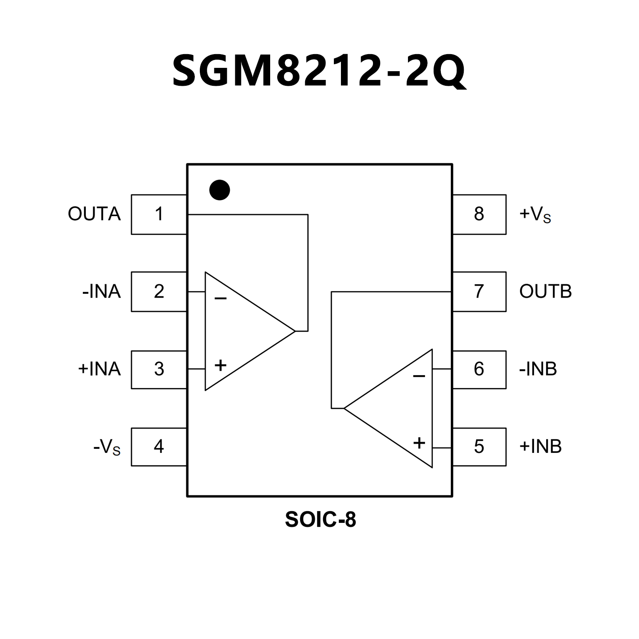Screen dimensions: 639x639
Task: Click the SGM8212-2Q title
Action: point(319,71)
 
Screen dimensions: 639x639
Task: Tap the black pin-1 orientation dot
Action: point(219,190)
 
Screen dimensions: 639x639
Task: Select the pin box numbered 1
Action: point(159,214)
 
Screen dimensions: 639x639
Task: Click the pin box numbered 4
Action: point(159,446)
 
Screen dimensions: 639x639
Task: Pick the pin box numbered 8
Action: point(479,214)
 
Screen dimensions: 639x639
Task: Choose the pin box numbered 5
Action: point(479,446)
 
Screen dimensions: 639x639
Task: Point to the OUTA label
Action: point(94,214)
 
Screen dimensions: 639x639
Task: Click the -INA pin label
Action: point(102,291)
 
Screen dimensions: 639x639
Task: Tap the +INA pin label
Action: point(99,369)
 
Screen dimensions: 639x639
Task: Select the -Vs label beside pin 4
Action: point(107,447)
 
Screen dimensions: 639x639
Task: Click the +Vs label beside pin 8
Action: point(535,214)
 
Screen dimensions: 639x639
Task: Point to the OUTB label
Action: point(545,291)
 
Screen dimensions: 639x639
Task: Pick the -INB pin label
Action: point(538,369)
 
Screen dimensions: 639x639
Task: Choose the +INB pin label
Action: point(540,446)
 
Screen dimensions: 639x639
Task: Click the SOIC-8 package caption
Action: point(320,520)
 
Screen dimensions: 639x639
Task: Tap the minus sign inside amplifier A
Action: point(220,298)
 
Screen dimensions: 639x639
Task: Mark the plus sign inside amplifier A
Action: point(220,365)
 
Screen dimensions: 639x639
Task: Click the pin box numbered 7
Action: point(479,291)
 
